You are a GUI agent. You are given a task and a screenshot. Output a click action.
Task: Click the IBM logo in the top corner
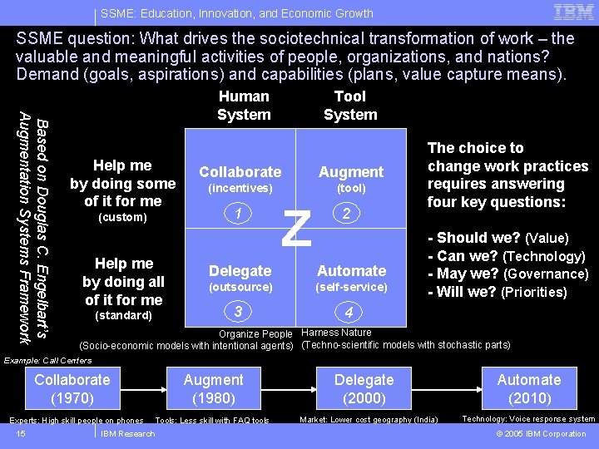(x=573, y=12)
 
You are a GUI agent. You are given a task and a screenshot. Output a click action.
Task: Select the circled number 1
(x=240, y=214)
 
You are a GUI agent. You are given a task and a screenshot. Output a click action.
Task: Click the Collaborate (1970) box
(x=72, y=388)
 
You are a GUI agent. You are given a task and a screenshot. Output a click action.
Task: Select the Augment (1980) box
(x=214, y=388)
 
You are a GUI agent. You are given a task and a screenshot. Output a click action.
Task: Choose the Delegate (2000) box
(x=365, y=388)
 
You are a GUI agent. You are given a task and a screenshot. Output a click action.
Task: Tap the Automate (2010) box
(x=529, y=388)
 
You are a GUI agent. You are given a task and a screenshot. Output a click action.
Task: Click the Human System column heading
(x=244, y=106)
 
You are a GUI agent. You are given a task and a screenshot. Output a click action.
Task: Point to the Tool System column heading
(x=350, y=106)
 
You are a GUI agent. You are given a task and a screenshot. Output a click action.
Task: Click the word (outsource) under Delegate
(x=240, y=287)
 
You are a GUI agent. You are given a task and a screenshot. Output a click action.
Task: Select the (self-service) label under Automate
(x=351, y=287)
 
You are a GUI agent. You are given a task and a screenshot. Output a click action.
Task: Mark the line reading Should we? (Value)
(x=498, y=238)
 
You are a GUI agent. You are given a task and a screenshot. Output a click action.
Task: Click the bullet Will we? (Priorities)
(x=497, y=292)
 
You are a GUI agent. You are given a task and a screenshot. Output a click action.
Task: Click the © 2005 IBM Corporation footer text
(x=541, y=433)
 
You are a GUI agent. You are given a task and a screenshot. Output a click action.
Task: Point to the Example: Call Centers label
(x=47, y=360)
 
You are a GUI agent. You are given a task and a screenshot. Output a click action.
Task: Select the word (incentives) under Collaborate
(x=240, y=189)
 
